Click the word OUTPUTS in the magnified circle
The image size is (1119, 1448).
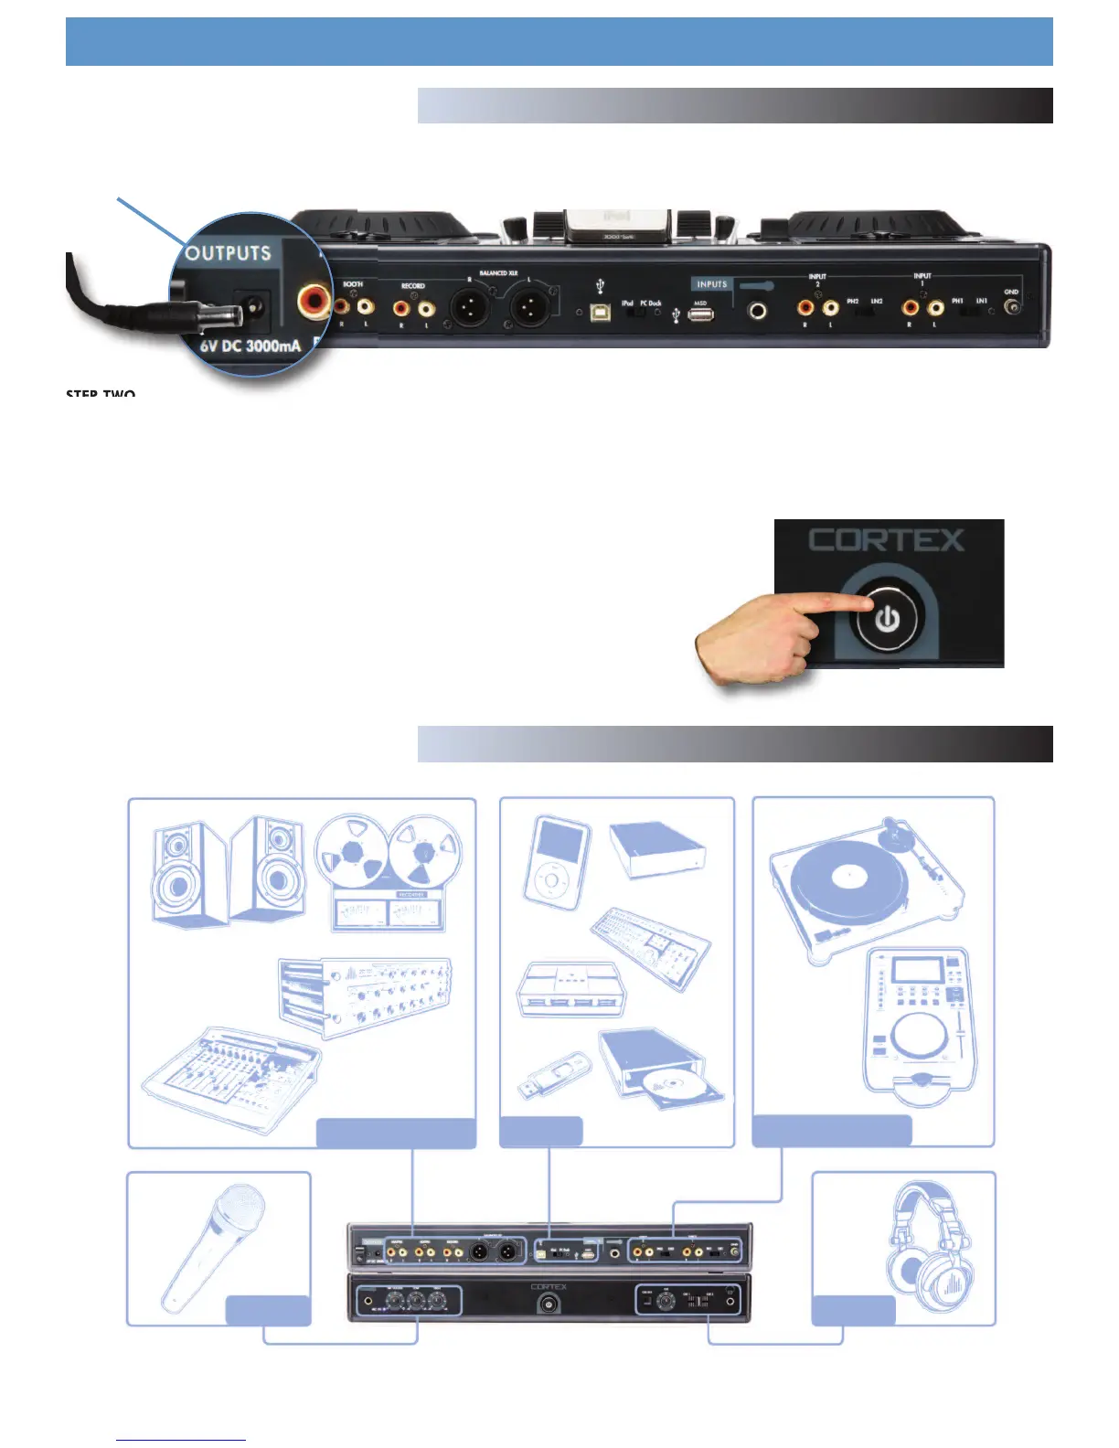pyautogui.click(x=229, y=253)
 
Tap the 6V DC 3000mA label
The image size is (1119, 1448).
pyautogui.click(x=250, y=346)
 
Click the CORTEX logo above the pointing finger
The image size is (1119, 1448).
pyautogui.click(x=886, y=540)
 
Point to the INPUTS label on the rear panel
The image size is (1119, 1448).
pyautogui.click(x=712, y=284)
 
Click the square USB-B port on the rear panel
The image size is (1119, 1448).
pyautogui.click(x=600, y=311)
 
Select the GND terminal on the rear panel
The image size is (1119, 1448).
pyautogui.click(x=1012, y=306)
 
